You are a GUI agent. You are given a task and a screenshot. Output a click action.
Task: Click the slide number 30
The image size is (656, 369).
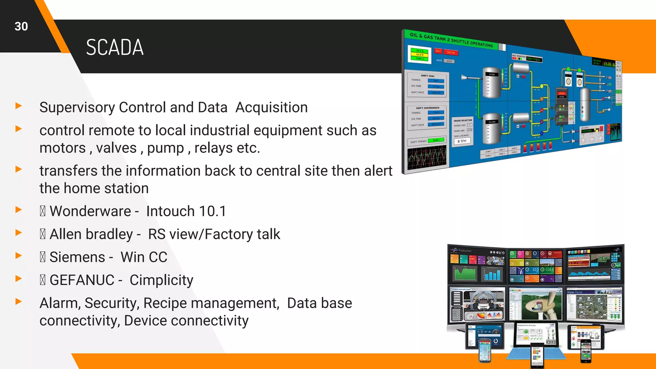coord(21,26)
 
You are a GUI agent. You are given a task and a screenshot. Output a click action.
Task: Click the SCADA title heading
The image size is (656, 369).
coord(115,47)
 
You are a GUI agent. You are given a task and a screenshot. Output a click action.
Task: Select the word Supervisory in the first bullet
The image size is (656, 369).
coord(77,108)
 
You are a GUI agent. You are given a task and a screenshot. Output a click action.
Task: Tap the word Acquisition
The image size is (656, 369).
coord(271,108)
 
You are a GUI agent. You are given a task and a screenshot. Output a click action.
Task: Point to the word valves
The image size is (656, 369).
coord(116,148)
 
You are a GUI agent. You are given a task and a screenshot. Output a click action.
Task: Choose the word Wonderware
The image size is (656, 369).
coord(90,211)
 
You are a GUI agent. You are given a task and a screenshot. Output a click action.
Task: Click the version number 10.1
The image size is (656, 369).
coord(212,211)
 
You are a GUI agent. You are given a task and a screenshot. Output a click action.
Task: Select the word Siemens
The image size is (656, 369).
coord(77,257)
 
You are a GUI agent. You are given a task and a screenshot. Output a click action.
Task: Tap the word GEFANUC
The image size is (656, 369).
coord(82,280)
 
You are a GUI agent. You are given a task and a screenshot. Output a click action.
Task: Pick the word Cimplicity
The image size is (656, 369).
coord(161,280)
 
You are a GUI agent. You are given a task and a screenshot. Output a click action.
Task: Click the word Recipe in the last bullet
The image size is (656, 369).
coord(165,303)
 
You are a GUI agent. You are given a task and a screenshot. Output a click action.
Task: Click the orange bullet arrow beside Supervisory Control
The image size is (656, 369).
coord(19,106)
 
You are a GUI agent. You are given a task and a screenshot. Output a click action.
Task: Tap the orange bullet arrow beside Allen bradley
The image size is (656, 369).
coord(19,233)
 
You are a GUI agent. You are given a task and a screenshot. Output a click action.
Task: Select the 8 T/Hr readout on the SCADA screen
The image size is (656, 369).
coord(462,141)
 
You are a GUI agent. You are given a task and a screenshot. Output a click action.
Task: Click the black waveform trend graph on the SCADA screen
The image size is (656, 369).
coord(427,158)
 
